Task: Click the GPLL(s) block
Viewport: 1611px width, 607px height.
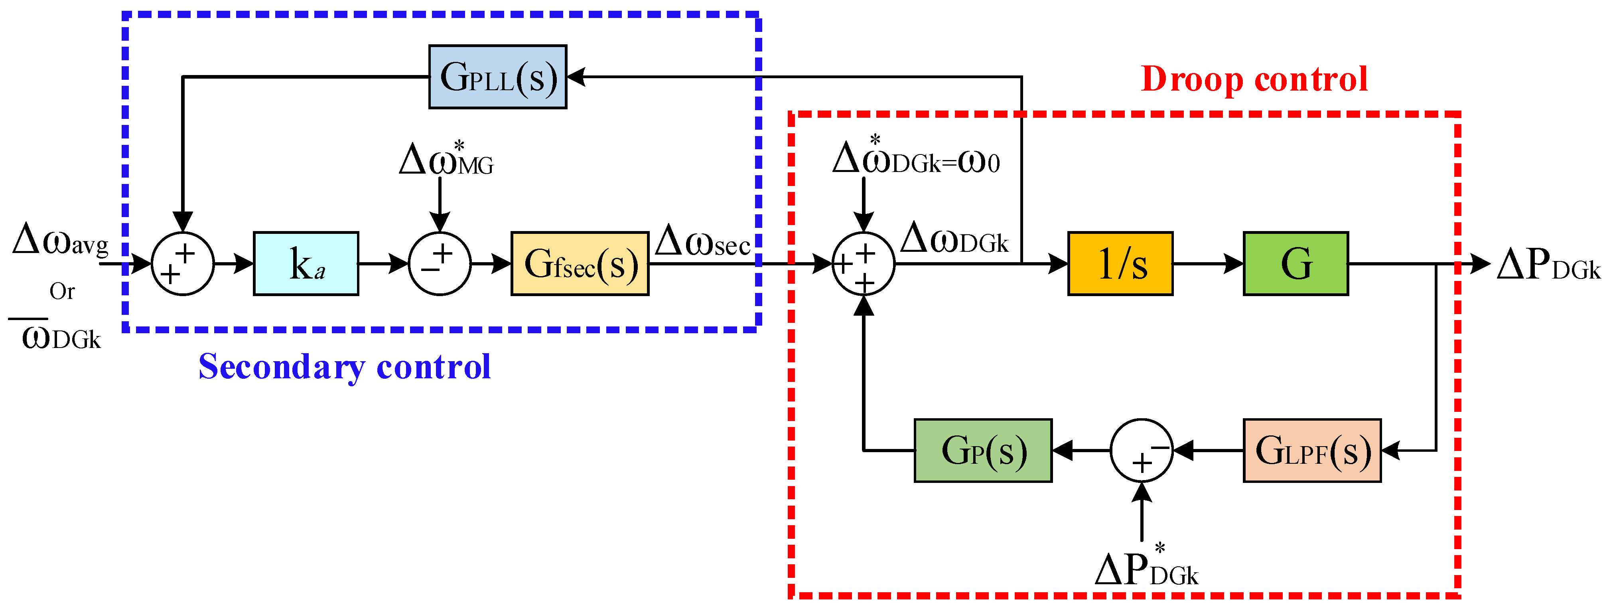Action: tap(497, 77)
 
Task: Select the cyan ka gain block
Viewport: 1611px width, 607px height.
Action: tap(306, 263)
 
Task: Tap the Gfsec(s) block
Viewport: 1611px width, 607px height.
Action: tap(580, 263)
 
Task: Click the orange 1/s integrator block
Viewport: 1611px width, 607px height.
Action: tap(1120, 263)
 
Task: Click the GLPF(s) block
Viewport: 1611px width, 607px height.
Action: tap(1311, 451)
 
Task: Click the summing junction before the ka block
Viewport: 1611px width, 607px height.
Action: tap(183, 263)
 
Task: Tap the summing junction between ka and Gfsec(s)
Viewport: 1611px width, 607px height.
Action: tap(440, 263)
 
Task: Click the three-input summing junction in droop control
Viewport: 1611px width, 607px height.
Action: tap(863, 263)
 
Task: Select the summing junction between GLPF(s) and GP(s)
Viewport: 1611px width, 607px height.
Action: tap(1141, 451)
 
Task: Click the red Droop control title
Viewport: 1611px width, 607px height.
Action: tap(1254, 79)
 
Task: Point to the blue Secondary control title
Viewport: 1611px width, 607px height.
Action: tap(345, 367)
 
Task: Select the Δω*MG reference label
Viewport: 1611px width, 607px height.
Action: tap(446, 160)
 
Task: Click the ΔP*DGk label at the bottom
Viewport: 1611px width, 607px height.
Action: tap(1146, 567)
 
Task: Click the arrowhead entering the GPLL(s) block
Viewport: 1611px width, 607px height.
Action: tap(575, 77)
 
